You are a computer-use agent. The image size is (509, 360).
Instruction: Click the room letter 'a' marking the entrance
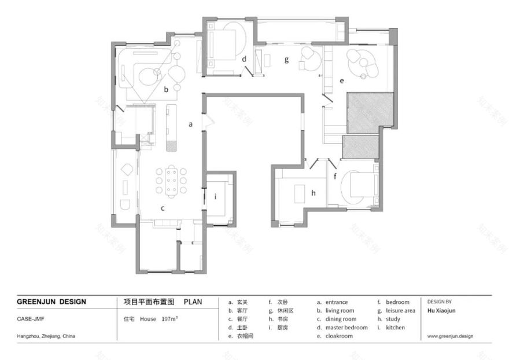pos(190,124)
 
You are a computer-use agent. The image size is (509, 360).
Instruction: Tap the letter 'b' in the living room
pos(166,89)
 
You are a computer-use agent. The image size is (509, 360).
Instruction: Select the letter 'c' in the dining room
pos(163,208)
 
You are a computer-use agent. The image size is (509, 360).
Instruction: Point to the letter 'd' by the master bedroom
pos(244,59)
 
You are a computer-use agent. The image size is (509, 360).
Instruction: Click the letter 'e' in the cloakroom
pos(341,80)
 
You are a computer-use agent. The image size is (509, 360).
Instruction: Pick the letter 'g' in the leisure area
pos(286,60)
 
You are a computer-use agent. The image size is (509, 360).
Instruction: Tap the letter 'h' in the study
pos(313,193)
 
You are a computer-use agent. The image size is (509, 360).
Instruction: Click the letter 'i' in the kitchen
pos(216,196)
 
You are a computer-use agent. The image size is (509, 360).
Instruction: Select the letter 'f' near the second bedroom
pos(335,177)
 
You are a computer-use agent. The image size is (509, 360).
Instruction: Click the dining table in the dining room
pos(171,181)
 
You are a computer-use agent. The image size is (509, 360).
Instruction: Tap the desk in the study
pos(300,194)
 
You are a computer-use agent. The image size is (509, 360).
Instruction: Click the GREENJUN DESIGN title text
pos(51,302)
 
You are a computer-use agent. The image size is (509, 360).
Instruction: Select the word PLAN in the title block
pos(193,302)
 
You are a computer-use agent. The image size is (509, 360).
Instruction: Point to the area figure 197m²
pos(169,319)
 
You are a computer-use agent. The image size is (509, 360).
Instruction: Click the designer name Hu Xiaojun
pos(441,310)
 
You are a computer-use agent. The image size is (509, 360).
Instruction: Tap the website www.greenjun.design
pos(450,336)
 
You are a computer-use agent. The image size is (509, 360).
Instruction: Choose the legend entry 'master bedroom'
pos(346,328)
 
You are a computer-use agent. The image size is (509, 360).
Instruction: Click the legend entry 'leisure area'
pos(401,311)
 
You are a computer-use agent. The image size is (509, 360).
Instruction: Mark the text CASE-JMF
pos(31,319)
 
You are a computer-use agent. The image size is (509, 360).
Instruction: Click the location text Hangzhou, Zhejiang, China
pos(46,336)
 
